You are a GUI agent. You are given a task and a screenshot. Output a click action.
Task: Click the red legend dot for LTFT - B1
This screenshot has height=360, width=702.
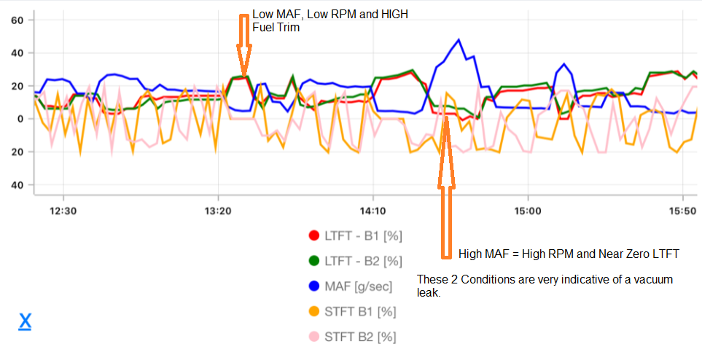click(314, 235)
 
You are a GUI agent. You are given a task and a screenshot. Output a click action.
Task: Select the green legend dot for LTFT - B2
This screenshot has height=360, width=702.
click(314, 261)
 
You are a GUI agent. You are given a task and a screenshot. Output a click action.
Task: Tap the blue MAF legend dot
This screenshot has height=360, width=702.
click(314, 286)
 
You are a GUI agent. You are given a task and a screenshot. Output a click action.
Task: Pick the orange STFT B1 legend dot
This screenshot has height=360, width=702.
click(314, 312)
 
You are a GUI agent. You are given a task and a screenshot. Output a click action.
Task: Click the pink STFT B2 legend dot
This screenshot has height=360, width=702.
click(314, 337)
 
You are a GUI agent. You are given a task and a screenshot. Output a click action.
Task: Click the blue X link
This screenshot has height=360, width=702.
click(25, 321)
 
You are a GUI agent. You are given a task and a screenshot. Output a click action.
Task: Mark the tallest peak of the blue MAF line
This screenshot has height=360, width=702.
click(459, 39)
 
